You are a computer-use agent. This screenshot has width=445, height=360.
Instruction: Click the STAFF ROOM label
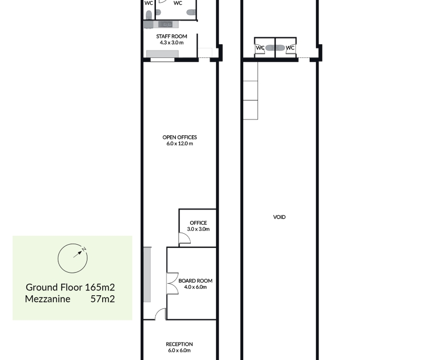tap(171, 36)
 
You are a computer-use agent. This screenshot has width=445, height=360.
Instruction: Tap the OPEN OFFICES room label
tap(180, 137)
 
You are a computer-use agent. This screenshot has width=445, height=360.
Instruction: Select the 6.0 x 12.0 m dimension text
tap(180, 144)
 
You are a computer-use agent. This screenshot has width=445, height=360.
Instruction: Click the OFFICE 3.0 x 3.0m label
tap(199, 226)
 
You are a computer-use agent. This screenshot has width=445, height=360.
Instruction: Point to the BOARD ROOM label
tap(195, 281)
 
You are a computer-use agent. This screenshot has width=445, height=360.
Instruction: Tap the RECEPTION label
tap(180, 344)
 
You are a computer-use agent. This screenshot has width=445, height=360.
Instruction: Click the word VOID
tap(279, 217)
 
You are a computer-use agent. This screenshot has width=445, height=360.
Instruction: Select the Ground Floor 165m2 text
tap(71, 287)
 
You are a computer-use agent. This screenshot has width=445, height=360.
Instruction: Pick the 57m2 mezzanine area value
tap(103, 299)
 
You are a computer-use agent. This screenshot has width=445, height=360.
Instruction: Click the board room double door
tap(172, 284)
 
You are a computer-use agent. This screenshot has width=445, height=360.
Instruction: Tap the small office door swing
tap(184, 238)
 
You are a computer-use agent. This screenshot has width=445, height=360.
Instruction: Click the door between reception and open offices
tap(161, 314)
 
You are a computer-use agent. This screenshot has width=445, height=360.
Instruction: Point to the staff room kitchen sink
tap(165, 25)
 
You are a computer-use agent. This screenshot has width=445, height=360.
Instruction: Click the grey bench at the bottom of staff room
tap(162, 54)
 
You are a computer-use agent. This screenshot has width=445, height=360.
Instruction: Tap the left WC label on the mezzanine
tap(260, 48)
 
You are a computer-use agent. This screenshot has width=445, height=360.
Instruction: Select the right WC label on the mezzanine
tap(290, 48)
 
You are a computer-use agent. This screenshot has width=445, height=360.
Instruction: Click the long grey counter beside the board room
tap(147, 274)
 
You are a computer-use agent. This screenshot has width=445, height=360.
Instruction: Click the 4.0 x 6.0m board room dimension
tap(195, 287)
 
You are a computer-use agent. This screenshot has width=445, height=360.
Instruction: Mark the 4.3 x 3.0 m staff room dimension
tap(172, 43)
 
